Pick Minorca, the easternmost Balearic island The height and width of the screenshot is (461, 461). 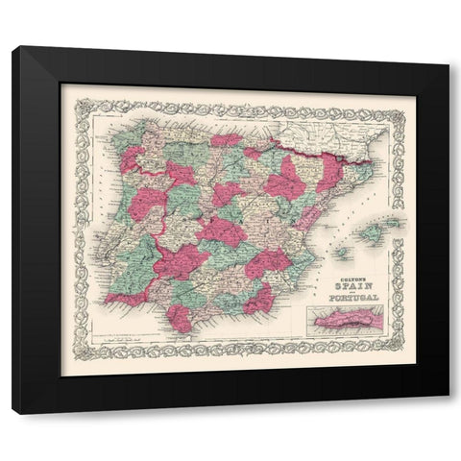[396, 223]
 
